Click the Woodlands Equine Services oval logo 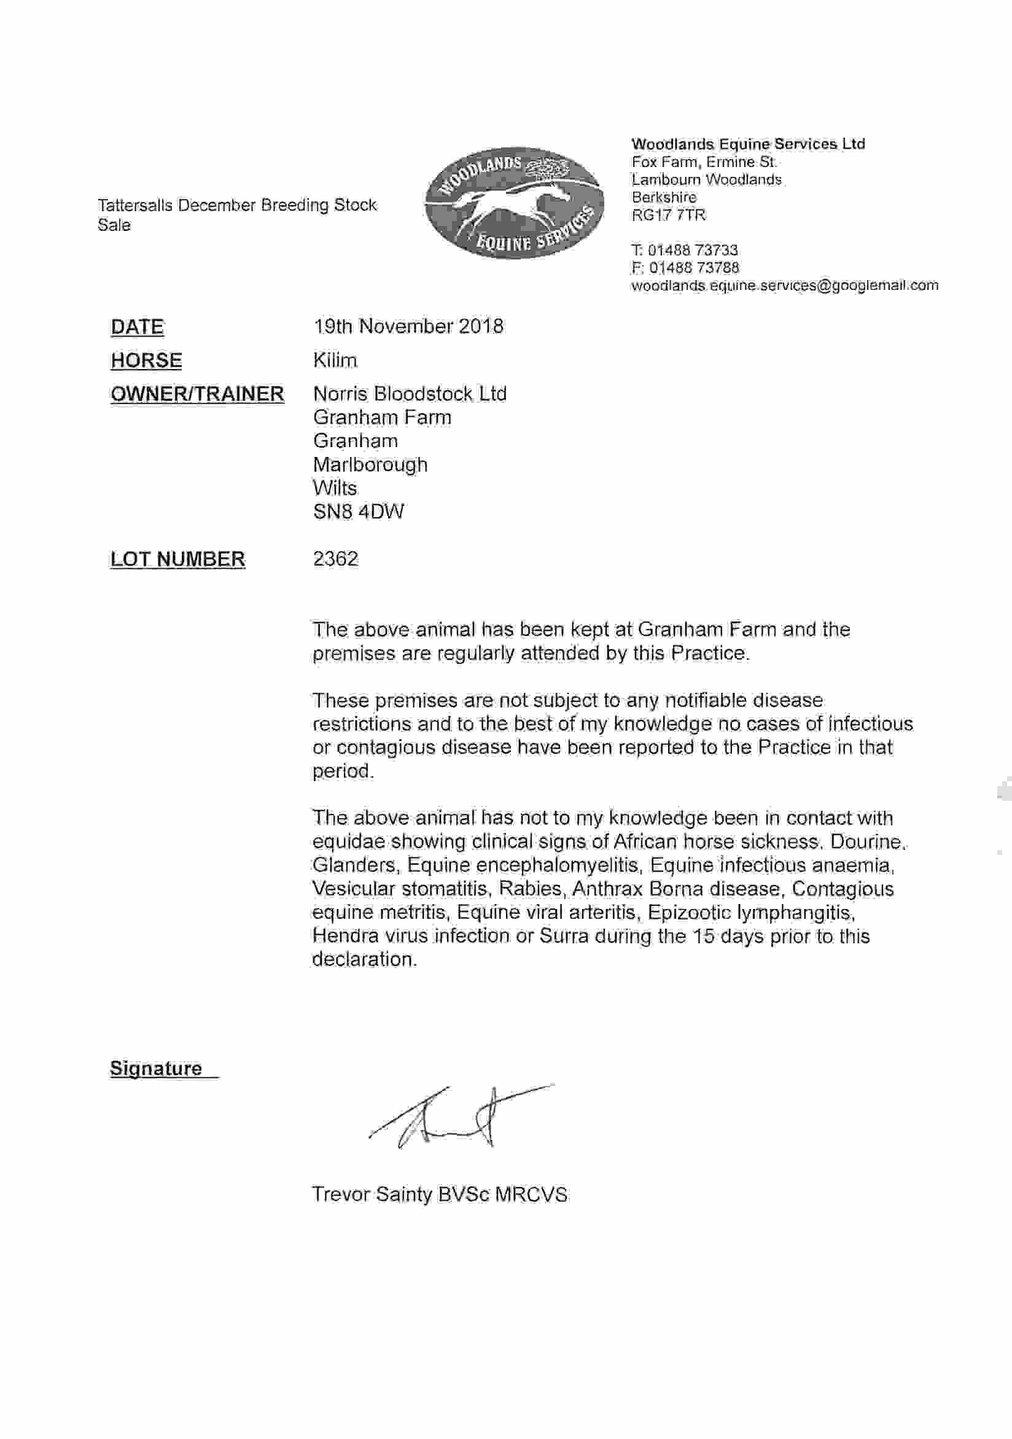[x=514, y=203]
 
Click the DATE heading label [x=137, y=327]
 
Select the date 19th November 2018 [x=408, y=327]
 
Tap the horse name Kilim [x=335, y=361]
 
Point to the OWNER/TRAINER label [x=197, y=394]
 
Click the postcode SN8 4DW [x=359, y=512]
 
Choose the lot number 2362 [x=336, y=558]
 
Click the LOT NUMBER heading [x=177, y=559]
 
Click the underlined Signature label [x=156, y=1069]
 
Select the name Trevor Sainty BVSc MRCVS [x=439, y=1195]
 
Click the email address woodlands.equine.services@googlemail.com [x=785, y=286]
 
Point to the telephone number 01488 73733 [x=693, y=250]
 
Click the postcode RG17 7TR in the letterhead [x=669, y=216]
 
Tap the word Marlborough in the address [x=370, y=465]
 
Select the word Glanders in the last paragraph [x=354, y=865]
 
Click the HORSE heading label [x=146, y=361]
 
